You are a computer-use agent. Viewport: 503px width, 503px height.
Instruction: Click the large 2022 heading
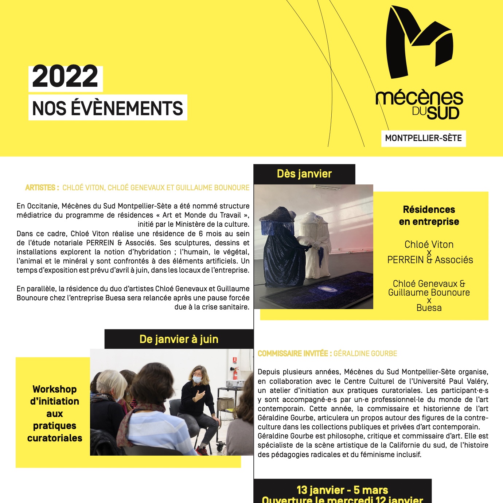[66, 77]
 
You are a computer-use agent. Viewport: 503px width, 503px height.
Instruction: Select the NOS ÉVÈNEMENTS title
[108, 108]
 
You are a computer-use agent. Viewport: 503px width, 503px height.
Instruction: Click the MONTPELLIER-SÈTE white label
[423, 138]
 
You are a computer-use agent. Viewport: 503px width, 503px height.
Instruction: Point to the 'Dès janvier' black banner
[304, 174]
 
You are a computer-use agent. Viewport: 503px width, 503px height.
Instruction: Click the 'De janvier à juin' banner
[179, 339]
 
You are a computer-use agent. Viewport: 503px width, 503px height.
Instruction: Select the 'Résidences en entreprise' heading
[429, 215]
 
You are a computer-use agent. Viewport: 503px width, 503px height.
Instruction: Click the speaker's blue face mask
[197, 380]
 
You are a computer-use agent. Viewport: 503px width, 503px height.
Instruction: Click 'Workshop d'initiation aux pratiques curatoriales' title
[55, 413]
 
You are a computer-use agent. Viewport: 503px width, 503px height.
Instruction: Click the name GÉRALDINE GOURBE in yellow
[365, 354]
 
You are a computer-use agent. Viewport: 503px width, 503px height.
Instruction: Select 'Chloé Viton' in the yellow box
[429, 244]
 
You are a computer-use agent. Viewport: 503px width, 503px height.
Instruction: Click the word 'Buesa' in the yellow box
[429, 308]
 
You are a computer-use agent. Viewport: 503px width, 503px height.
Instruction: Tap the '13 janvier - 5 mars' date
[342, 490]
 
